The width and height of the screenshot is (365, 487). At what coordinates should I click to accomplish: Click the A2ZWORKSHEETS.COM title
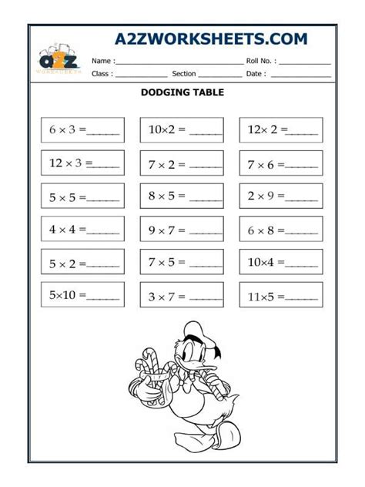coord(211,39)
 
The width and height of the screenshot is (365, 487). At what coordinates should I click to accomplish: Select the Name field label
coord(103,61)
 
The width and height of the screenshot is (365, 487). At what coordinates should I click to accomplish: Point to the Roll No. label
coord(261,61)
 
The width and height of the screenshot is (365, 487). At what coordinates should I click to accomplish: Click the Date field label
coord(256,75)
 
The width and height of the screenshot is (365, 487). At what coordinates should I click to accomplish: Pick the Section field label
coord(184,75)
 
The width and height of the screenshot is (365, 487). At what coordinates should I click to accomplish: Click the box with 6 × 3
coord(82,130)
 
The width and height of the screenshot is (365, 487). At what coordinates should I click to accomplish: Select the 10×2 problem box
coord(182,130)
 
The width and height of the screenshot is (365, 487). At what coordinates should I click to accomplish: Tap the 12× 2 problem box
coord(281,130)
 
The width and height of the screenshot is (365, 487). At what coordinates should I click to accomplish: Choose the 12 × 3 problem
coord(82,163)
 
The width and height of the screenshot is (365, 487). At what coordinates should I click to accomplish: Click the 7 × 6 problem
coord(281,163)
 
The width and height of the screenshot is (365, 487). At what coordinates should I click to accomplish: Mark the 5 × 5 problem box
coord(82,196)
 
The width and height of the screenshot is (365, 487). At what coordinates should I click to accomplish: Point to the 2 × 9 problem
coord(281,196)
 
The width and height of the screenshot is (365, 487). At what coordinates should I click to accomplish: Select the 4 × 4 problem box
coord(82,229)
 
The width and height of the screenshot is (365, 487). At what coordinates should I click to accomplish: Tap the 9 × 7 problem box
coord(182,229)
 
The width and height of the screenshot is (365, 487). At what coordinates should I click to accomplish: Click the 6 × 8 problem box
coord(281,229)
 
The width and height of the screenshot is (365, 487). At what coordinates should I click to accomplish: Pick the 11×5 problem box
coord(281,294)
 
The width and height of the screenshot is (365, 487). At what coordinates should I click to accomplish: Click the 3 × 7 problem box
coord(182,294)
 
